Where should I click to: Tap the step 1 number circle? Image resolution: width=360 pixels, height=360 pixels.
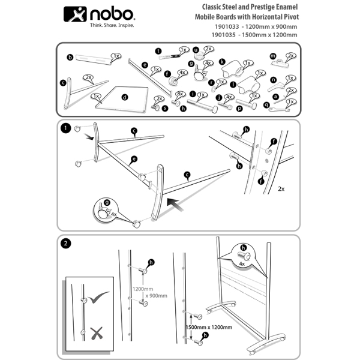point(65,128)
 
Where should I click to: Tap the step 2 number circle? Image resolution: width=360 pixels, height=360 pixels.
point(65,244)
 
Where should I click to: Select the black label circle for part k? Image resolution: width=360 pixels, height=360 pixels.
point(222,61)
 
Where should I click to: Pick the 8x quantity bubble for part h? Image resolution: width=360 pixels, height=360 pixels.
point(179,95)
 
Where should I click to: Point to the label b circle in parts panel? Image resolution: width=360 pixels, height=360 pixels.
point(70,58)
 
